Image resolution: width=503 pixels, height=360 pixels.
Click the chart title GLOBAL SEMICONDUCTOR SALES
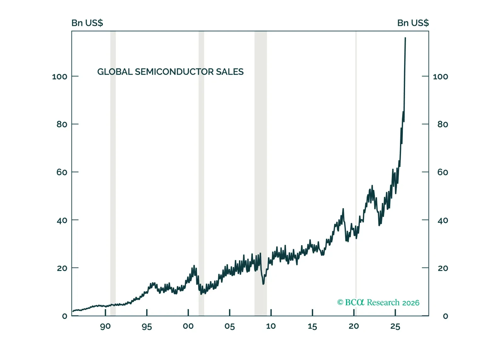click(x=170, y=72)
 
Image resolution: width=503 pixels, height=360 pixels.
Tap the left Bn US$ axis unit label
click(x=87, y=23)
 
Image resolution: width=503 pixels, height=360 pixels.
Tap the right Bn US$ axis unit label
click(x=413, y=23)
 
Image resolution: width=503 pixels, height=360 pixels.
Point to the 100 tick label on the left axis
click(x=60, y=77)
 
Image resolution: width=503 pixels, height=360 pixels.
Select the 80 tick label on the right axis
click(x=443, y=124)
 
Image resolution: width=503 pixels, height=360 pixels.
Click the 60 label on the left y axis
click(x=62, y=172)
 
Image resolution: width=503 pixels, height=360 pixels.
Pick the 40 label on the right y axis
click(x=443, y=221)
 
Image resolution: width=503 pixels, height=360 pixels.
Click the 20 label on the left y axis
click(x=62, y=268)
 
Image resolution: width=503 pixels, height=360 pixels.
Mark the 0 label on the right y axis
click(x=445, y=316)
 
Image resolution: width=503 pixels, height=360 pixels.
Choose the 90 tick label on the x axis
click(x=105, y=327)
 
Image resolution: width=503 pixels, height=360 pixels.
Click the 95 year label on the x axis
click(x=147, y=327)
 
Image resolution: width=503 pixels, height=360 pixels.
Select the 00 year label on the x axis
click(x=188, y=326)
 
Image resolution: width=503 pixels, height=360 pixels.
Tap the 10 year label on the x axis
click(x=271, y=326)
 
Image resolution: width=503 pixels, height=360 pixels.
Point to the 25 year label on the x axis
click(x=395, y=327)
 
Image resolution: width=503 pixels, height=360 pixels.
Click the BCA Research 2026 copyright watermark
click(x=378, y=303)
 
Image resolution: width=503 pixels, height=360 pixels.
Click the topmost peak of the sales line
click(x=405, y=38)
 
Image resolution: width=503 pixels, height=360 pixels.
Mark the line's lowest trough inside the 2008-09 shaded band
click(x=263, y=284)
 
